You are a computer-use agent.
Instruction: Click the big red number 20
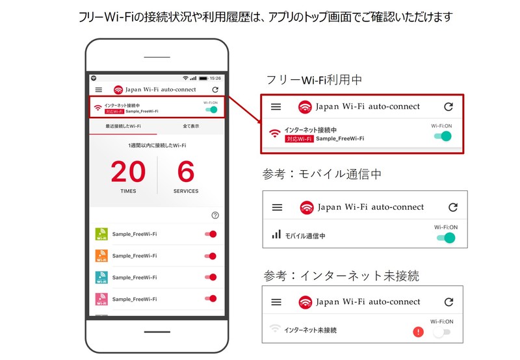pos(128,172)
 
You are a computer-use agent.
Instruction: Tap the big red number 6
pos(186,172)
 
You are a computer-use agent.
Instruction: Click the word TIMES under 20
pos(128,191)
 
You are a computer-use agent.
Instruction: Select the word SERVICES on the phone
pos(186,191)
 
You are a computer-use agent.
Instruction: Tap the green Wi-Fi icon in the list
pos(101,234)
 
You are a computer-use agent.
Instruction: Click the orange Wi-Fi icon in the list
pos(101,256)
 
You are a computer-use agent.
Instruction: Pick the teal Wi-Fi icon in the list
pos(101,277)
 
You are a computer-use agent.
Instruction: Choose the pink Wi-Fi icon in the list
pos(101,299)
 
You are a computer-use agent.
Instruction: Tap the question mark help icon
pos(215,216)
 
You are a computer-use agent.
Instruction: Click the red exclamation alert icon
pos(418,331)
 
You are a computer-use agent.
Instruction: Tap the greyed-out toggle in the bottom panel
pos(441,332)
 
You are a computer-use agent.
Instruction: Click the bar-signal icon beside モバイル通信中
pos(276,235)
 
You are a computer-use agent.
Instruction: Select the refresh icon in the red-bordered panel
pos(448,107)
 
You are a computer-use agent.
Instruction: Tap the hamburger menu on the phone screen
pos(99,90)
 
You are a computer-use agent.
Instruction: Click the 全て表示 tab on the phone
pos(191,126)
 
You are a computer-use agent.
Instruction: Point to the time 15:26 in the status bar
pos(215,78)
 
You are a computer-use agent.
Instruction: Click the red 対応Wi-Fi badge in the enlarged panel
pos(299,139)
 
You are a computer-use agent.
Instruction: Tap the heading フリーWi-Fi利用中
pos(314,80)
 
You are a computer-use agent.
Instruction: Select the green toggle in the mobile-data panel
pos(446,238)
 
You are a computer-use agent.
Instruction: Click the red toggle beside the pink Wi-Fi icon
pos(211,299)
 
